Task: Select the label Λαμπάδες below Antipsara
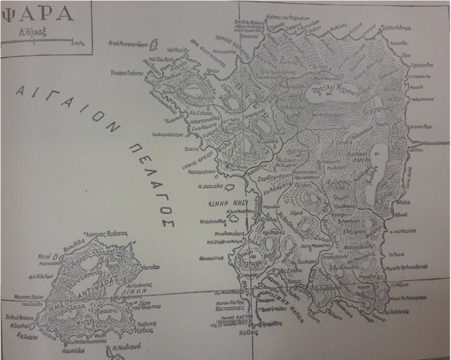coord(79,350)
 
